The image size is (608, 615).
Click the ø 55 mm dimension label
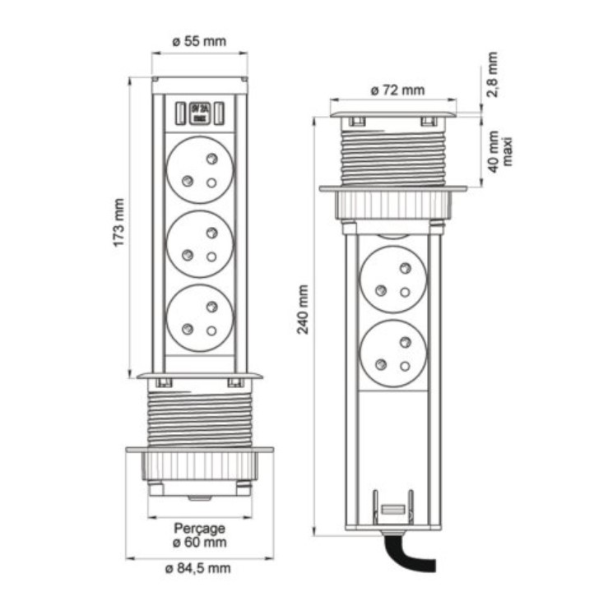[199, 41]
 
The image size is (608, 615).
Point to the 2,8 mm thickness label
[492, 76]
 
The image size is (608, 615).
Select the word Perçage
[199, 528]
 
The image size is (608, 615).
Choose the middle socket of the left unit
[199, 243]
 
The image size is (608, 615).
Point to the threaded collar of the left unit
[199, 418]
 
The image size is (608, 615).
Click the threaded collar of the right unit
[393, 156]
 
